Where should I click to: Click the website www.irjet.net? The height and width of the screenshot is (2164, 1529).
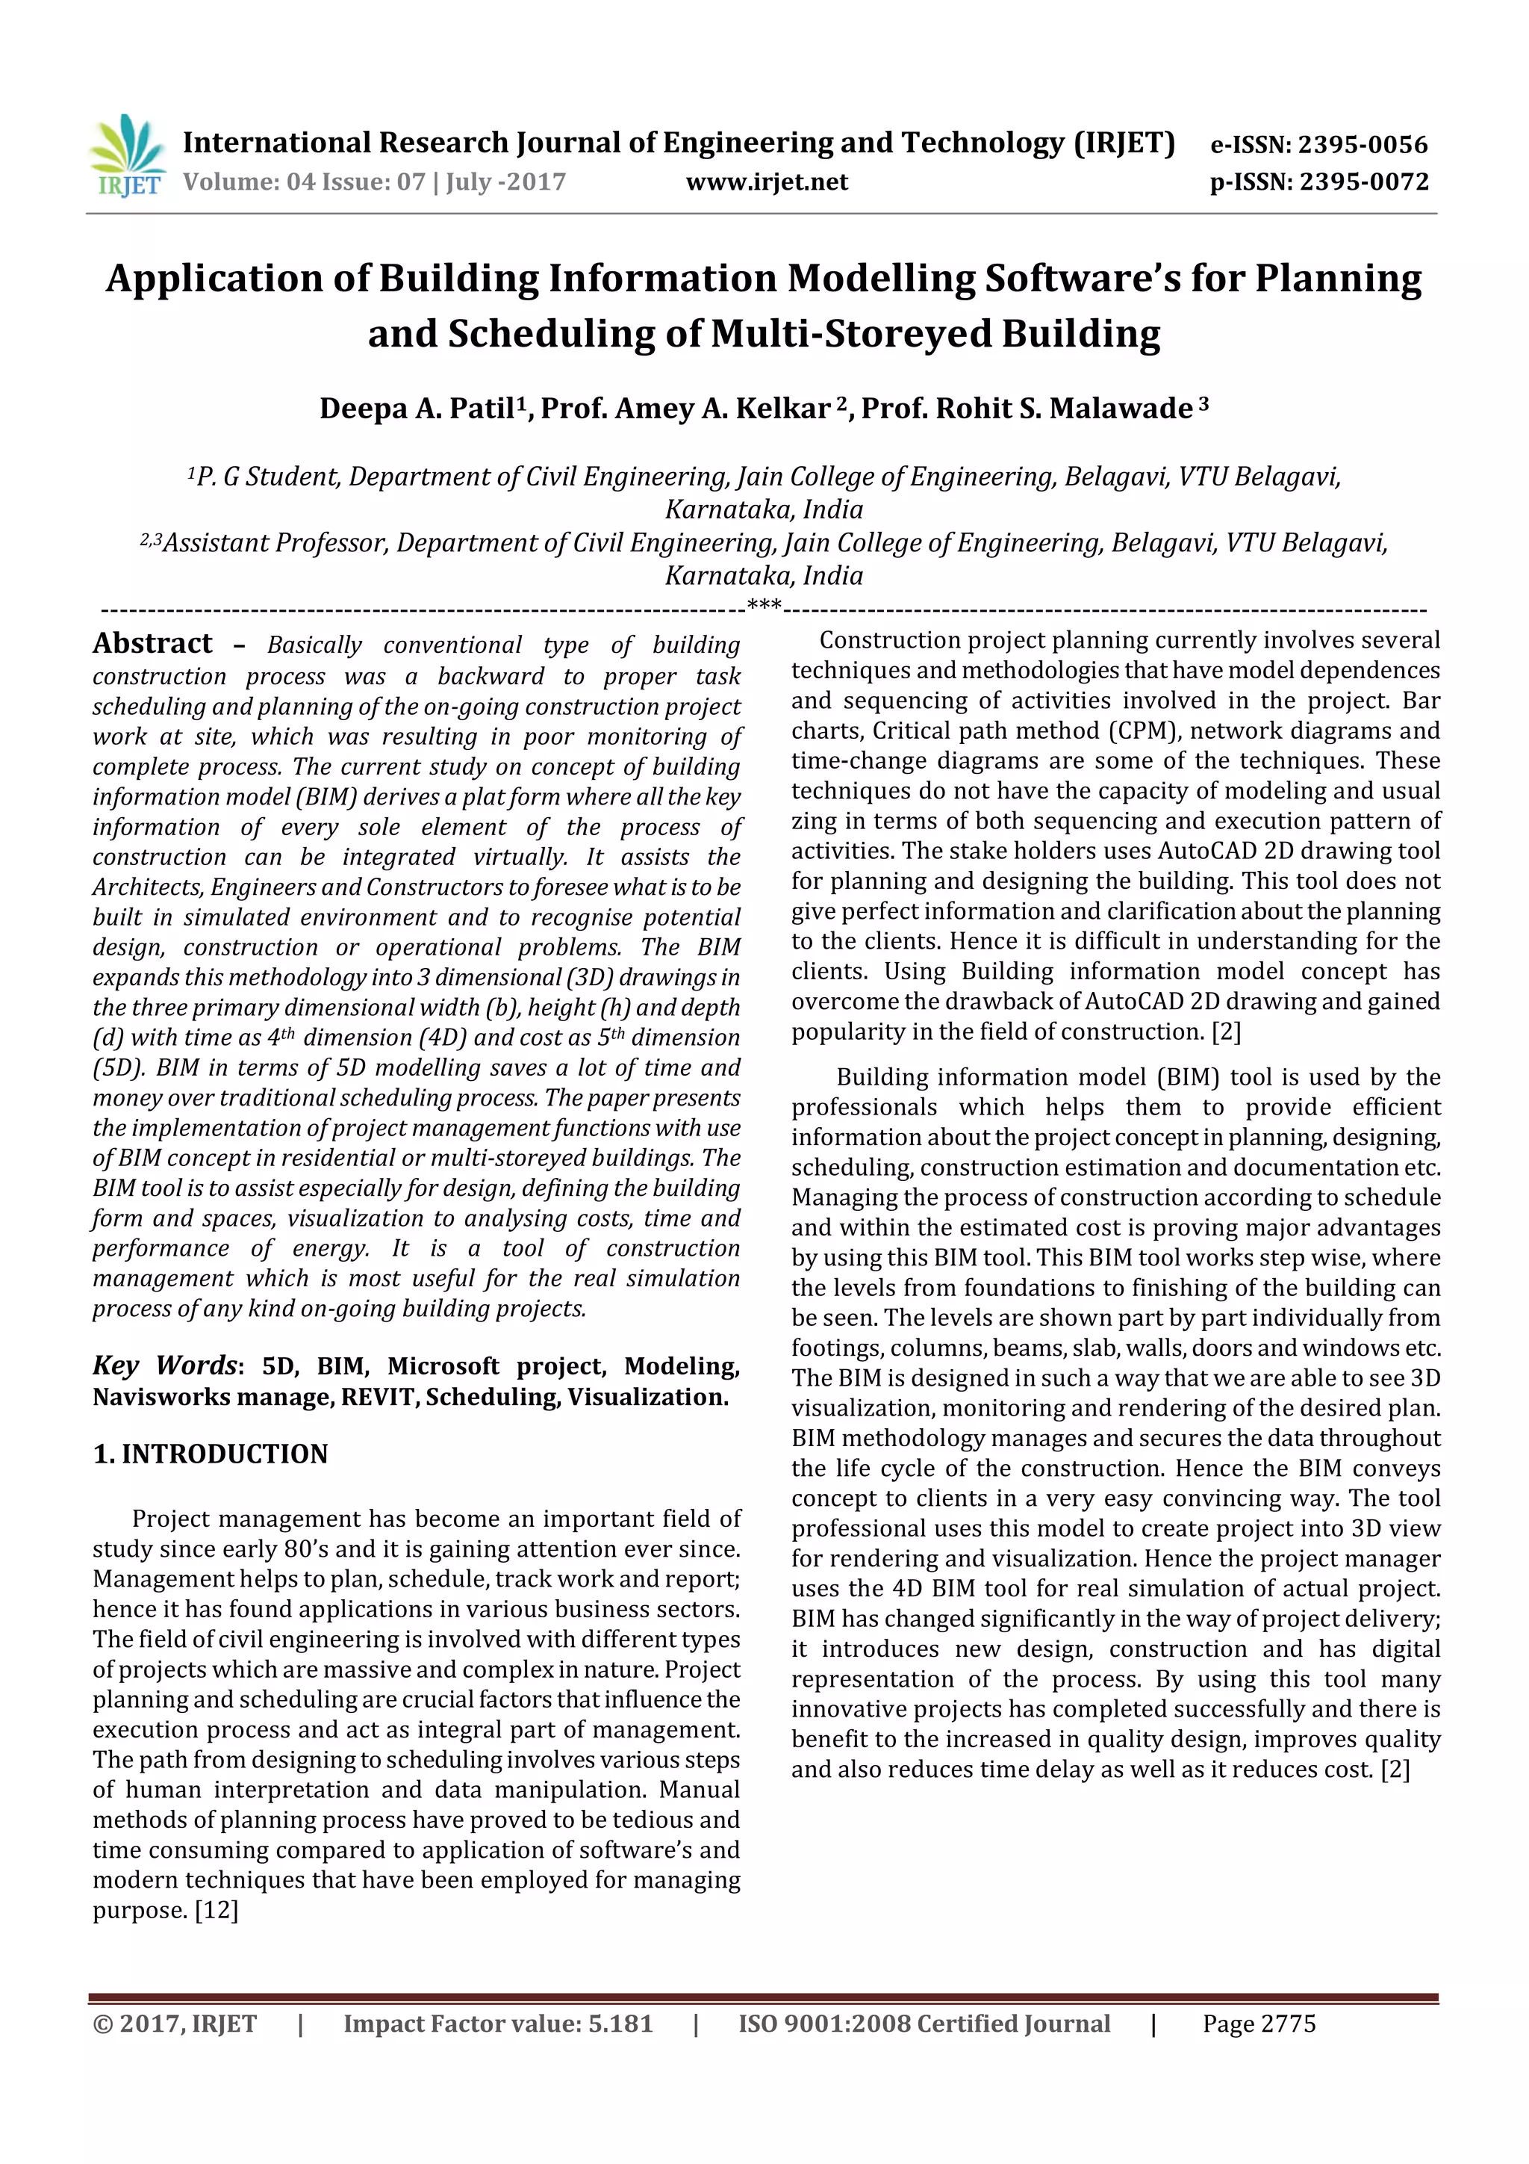(x=767, y=182)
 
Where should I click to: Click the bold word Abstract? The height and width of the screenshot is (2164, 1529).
(x=152, y=644)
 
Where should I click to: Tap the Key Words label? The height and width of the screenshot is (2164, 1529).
(x=164, y=1365)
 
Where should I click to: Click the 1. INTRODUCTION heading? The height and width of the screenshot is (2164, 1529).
(x=210, y=1454)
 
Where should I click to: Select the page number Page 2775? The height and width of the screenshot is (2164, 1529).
(x=1259, y=2024)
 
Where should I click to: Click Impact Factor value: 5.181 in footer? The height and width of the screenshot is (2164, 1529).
(x=497, y=2024)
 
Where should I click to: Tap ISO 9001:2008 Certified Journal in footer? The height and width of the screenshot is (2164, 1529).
(x=924, y=2024)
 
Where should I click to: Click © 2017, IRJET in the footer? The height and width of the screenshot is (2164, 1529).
(x=174, y=2024)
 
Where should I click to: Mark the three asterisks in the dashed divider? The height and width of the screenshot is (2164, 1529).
(x=764, y=605)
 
